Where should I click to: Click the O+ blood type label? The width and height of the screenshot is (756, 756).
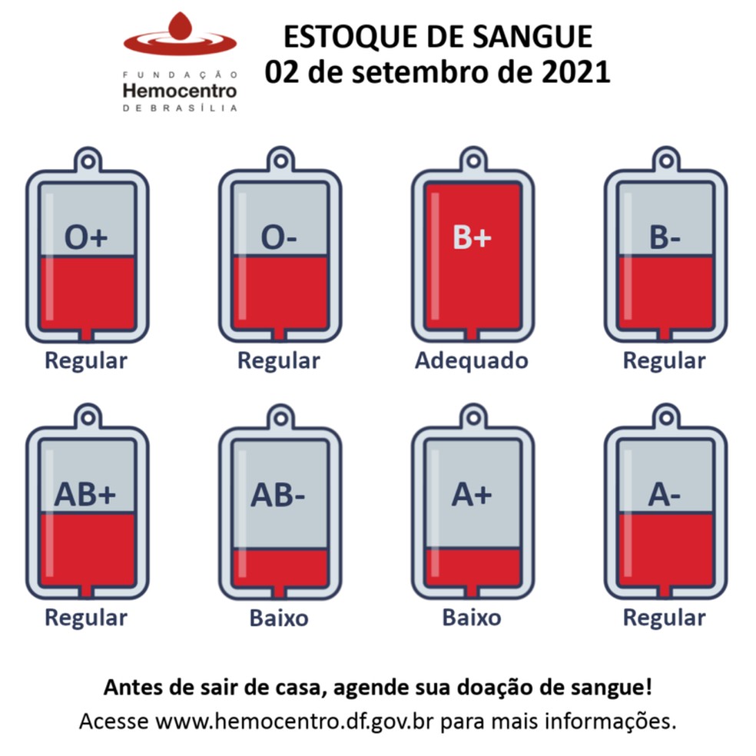[86, 239]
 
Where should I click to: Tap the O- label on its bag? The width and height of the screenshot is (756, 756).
[279, 239]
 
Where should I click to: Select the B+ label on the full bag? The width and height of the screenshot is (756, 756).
[472, 239]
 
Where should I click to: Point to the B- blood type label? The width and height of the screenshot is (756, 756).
[665, 239]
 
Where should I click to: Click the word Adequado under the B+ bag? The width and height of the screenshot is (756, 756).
[472, 360]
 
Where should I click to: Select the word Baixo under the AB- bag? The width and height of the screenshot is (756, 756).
[279, 618]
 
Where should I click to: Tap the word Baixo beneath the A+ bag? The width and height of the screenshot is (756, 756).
[472, 618]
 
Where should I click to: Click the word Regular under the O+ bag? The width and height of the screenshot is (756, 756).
[86, 360]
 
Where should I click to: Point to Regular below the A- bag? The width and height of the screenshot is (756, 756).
[665, 618]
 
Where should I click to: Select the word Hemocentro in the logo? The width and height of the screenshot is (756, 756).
[180, 91]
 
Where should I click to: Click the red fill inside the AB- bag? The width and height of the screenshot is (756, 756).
[280, 569]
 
